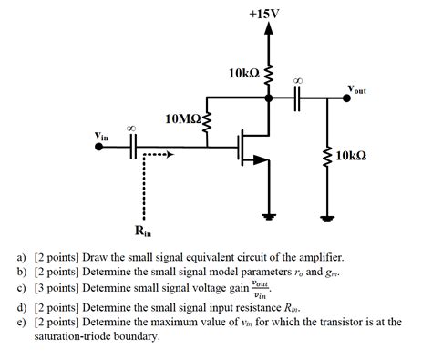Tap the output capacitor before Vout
[297, 100]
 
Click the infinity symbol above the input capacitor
[133, 129]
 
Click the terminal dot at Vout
[345, 100]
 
